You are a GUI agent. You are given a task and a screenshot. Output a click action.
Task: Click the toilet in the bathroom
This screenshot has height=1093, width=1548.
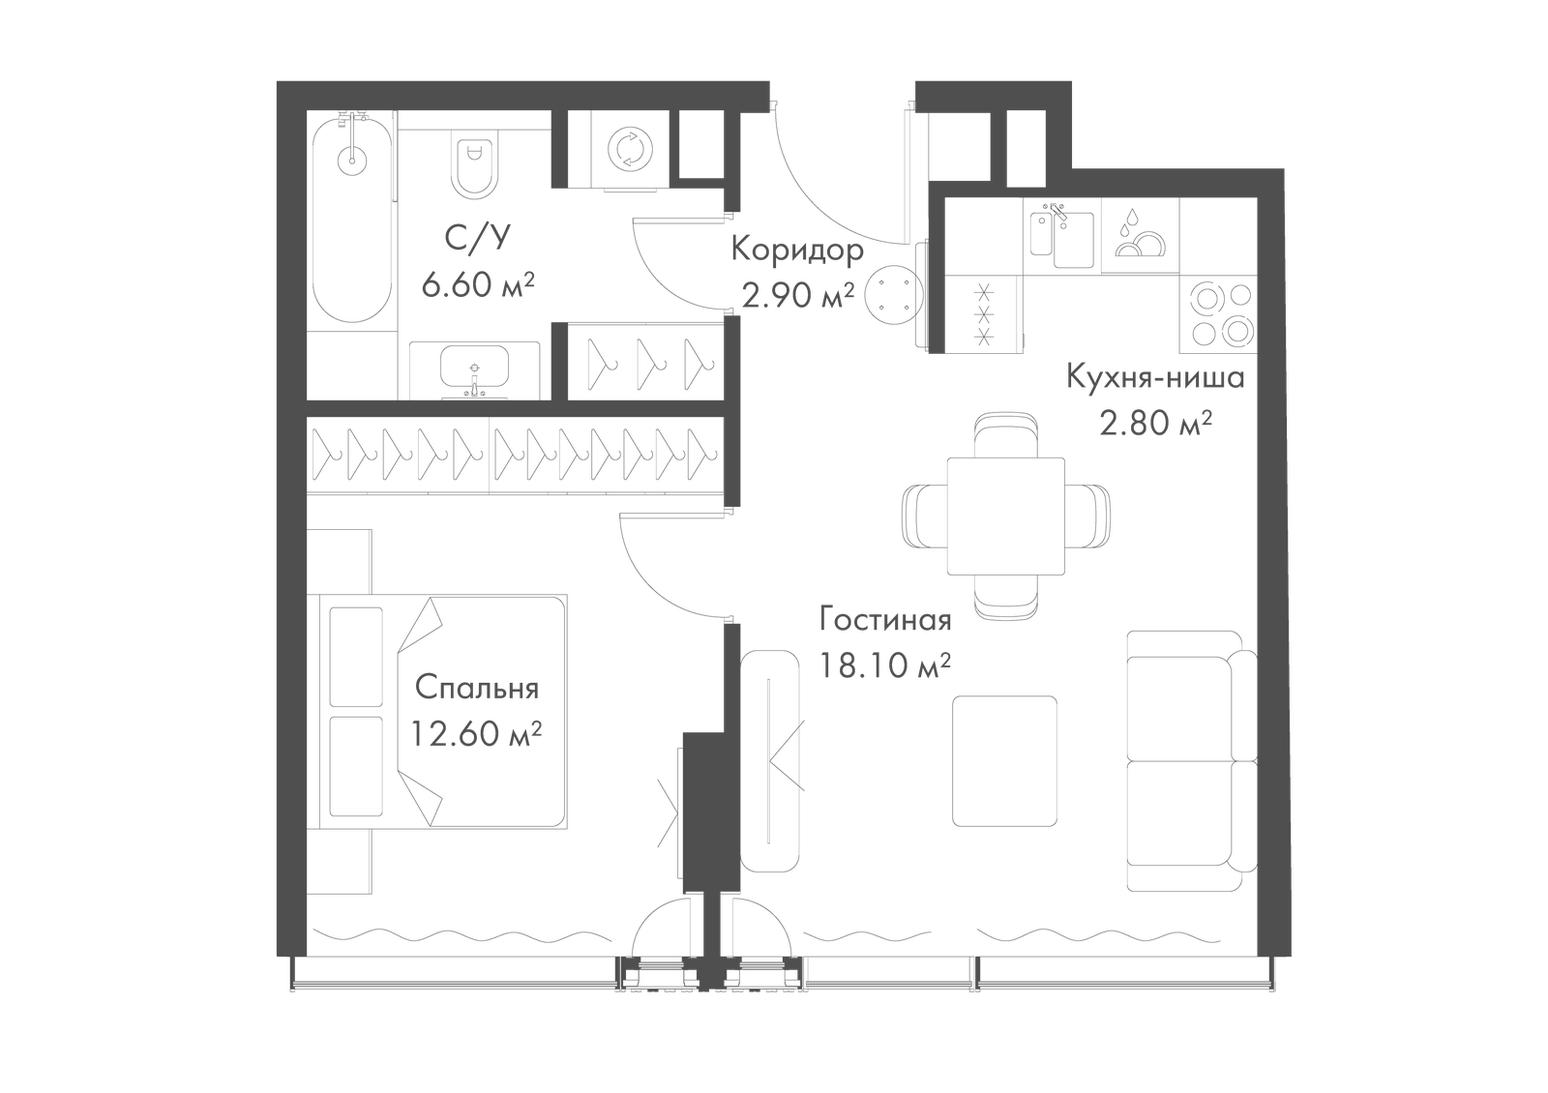click(x=474, y=163)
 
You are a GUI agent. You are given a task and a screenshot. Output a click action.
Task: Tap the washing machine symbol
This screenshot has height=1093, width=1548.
click(x=630, y=148)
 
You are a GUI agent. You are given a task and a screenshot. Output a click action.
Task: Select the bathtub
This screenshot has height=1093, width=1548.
click(x=352, y=218)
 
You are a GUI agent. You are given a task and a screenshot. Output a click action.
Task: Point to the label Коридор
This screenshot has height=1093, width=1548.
click(x=797, y=250)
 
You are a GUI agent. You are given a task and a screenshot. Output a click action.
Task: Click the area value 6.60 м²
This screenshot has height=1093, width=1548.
click(x=478, y=284)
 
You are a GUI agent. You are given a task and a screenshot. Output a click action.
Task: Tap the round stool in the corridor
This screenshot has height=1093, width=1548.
click(x=893, y=295)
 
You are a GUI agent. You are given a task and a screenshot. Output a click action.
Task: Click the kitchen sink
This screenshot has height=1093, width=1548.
click(x=1062, y=238)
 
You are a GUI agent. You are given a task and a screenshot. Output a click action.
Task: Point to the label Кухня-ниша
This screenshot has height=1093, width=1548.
click(x=1155, y=378)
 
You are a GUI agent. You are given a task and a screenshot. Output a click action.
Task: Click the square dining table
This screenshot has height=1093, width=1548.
click(x=1005, y=517)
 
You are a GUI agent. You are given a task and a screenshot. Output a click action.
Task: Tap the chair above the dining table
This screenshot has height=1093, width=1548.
click(x=1005, y=435)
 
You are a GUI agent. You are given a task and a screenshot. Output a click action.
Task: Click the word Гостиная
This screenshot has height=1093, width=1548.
click(x=885, y=620)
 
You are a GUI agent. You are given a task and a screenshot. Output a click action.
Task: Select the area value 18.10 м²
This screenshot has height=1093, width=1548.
click(x=885, y=665)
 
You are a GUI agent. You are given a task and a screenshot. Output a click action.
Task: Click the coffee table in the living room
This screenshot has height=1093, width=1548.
click(x=1004, y=761)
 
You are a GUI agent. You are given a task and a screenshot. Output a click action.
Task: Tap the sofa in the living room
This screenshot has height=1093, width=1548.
click(x=1191, y=761)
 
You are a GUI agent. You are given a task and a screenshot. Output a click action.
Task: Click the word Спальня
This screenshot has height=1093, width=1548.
click(x=477, y=689)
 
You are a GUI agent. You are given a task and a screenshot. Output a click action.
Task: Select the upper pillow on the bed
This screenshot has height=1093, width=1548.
click(x=356, y=657)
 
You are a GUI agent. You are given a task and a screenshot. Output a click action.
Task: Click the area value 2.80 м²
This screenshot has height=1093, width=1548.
click(x=1156, y=424)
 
